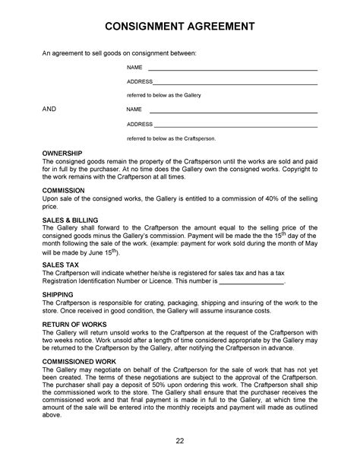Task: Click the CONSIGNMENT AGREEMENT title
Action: [179, 27]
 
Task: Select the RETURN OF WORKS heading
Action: [74, 323]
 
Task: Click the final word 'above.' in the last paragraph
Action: [52, 415]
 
